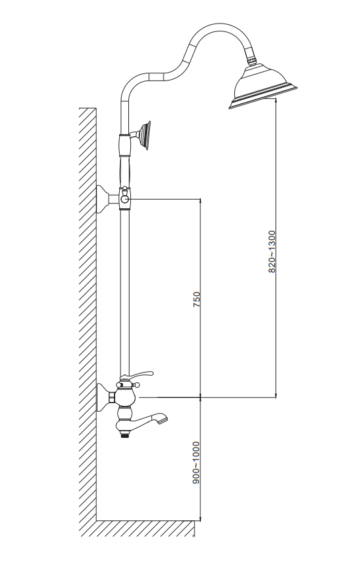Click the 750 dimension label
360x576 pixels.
[197, 299]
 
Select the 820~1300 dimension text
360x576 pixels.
[272, 251]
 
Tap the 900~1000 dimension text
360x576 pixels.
[196, 462]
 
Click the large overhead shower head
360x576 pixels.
[263, 86]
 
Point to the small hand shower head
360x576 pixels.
[144, 135]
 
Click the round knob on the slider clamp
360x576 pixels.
[125, 199]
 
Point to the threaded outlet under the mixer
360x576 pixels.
[126, 435]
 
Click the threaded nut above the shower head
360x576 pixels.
[251, 60]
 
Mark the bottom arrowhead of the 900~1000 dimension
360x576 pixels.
[200, 518]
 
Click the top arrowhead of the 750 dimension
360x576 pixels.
[200, 202]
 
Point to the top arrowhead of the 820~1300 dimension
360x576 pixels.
[276, 101]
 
